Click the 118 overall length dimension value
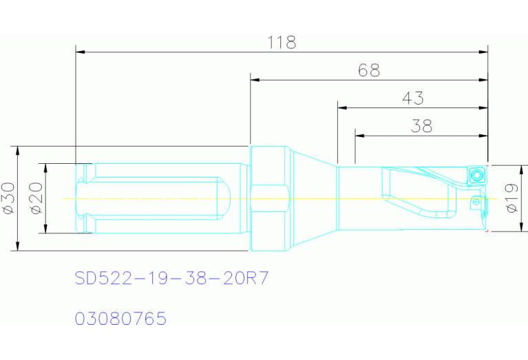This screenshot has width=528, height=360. (282, 42)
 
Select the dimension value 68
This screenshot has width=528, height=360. (369, 70)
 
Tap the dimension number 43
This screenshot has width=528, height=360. (412, 98)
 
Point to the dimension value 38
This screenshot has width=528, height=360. (421, 126)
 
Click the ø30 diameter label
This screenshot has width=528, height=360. (8, 198)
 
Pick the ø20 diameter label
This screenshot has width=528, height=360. (35, 198)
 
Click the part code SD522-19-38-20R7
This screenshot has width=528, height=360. (171, 278)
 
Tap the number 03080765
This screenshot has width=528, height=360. (120, 319)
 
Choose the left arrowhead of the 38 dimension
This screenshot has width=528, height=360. (359, 136)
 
